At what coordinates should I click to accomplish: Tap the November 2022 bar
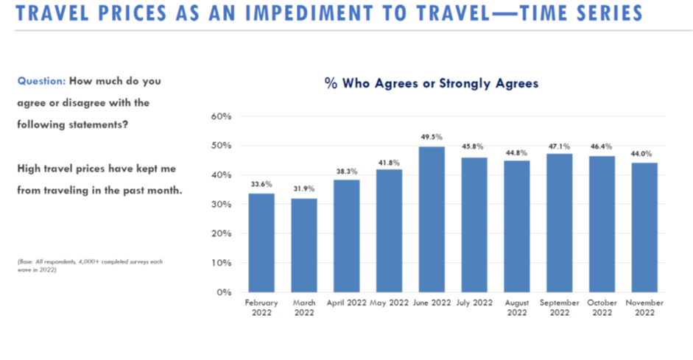point(644,227)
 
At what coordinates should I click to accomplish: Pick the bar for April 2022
point(346,236)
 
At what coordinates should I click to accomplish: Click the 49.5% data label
point(432,137)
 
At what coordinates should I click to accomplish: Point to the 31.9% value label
point(304,189)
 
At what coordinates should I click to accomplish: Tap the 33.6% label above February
point(261,184)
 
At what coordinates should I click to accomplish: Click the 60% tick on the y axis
point(221,116)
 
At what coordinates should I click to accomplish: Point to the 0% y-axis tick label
point(224,292)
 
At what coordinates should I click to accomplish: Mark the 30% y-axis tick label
point(221,205)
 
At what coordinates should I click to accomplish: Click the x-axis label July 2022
point(474,303)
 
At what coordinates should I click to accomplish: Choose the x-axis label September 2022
point(560,308)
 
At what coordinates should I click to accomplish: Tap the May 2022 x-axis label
point(389,303)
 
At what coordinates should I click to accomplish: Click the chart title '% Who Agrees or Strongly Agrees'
point(432,83)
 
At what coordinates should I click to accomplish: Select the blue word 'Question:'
point(41,81)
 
